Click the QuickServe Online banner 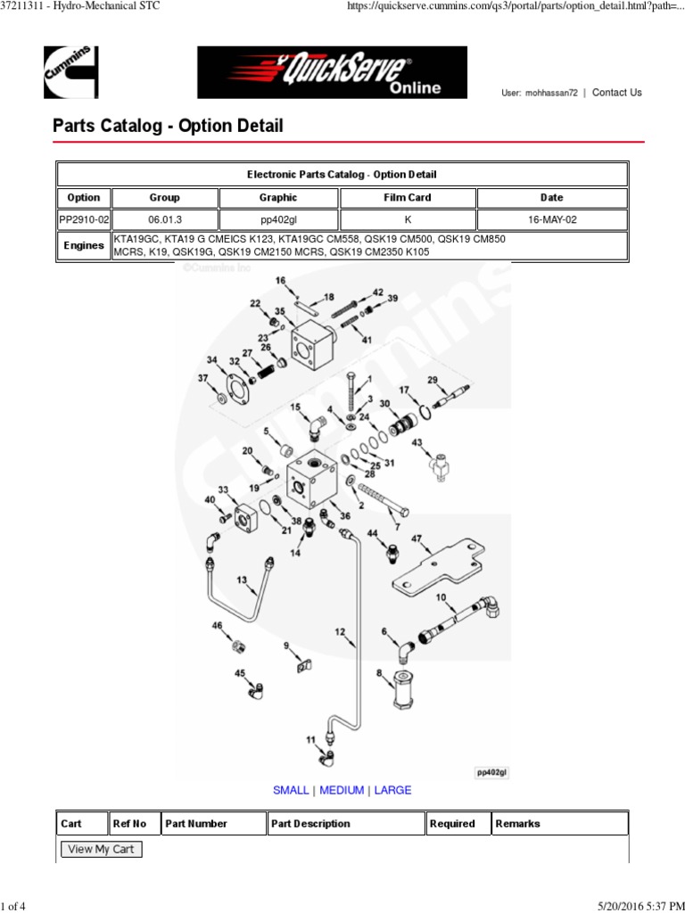pyautogui.click(x=332, y=72)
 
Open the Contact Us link pyautogui.click(x=616, y=93)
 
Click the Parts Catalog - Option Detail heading pyautogui.click(x=168, y=126)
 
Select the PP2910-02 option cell pyautogui.click(x=83, y=220)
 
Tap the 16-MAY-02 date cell pyautogui.click(x=551, y=220)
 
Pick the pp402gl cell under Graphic pyautogui.click(x=277, y=220)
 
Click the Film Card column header pyautogui.click(x=407, y=198)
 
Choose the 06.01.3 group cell pyautogui.click(x=164, y=220)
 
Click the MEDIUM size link pyautogui.click(x=342, y=790)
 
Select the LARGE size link pyautogui.click(x=392, y=790)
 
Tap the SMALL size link pyautogui.click(x=291, y=790)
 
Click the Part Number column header pyautogui.click(x=195, y=824)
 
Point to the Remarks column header pyautogui.click(x=517, y=824)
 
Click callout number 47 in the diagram pyautogui.click(x=416, y=539)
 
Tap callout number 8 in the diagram pyautogui.click(x=379, y=672)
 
